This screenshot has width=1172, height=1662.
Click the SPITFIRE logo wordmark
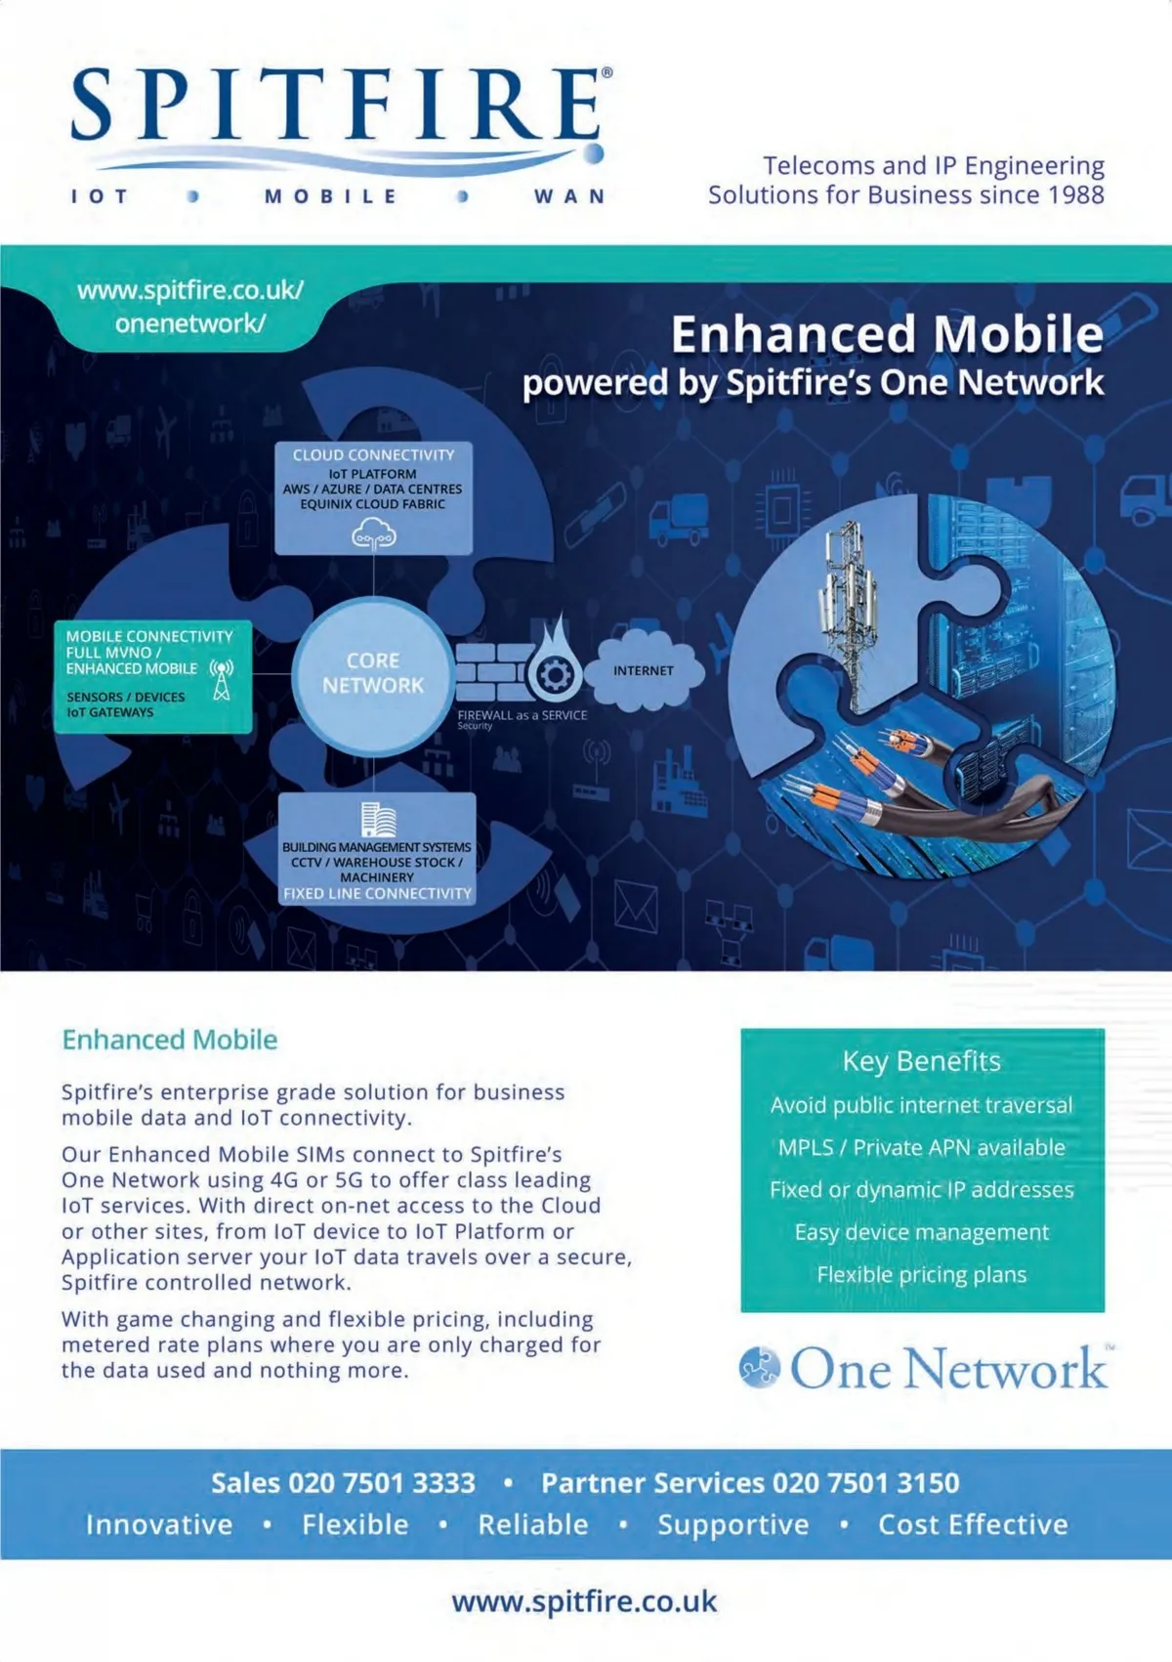[337, 105]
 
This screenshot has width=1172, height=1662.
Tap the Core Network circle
[373, 673]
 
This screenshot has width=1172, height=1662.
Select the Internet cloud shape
[645, 671]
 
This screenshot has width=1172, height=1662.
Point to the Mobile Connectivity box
[152, 675]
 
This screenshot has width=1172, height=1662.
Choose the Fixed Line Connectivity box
[377, 848]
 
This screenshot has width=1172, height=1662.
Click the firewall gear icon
[555, 673]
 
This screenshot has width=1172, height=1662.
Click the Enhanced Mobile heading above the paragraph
[170, 1040]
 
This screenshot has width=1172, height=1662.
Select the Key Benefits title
[922, 1061]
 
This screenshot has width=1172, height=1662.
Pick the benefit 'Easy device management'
[922, 1232]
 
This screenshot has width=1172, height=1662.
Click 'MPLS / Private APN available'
[922, 1147]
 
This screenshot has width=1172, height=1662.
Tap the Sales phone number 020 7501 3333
[381, 1483]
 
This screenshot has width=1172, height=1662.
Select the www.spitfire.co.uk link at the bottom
[584, 1602]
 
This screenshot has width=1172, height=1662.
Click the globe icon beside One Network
[760, 1367]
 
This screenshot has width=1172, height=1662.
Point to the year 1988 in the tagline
[1075, 194]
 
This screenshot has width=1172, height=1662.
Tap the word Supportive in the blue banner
[733, 1524]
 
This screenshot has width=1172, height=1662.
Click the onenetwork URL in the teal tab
[190, 307]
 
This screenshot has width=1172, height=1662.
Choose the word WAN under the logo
[569, 196]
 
